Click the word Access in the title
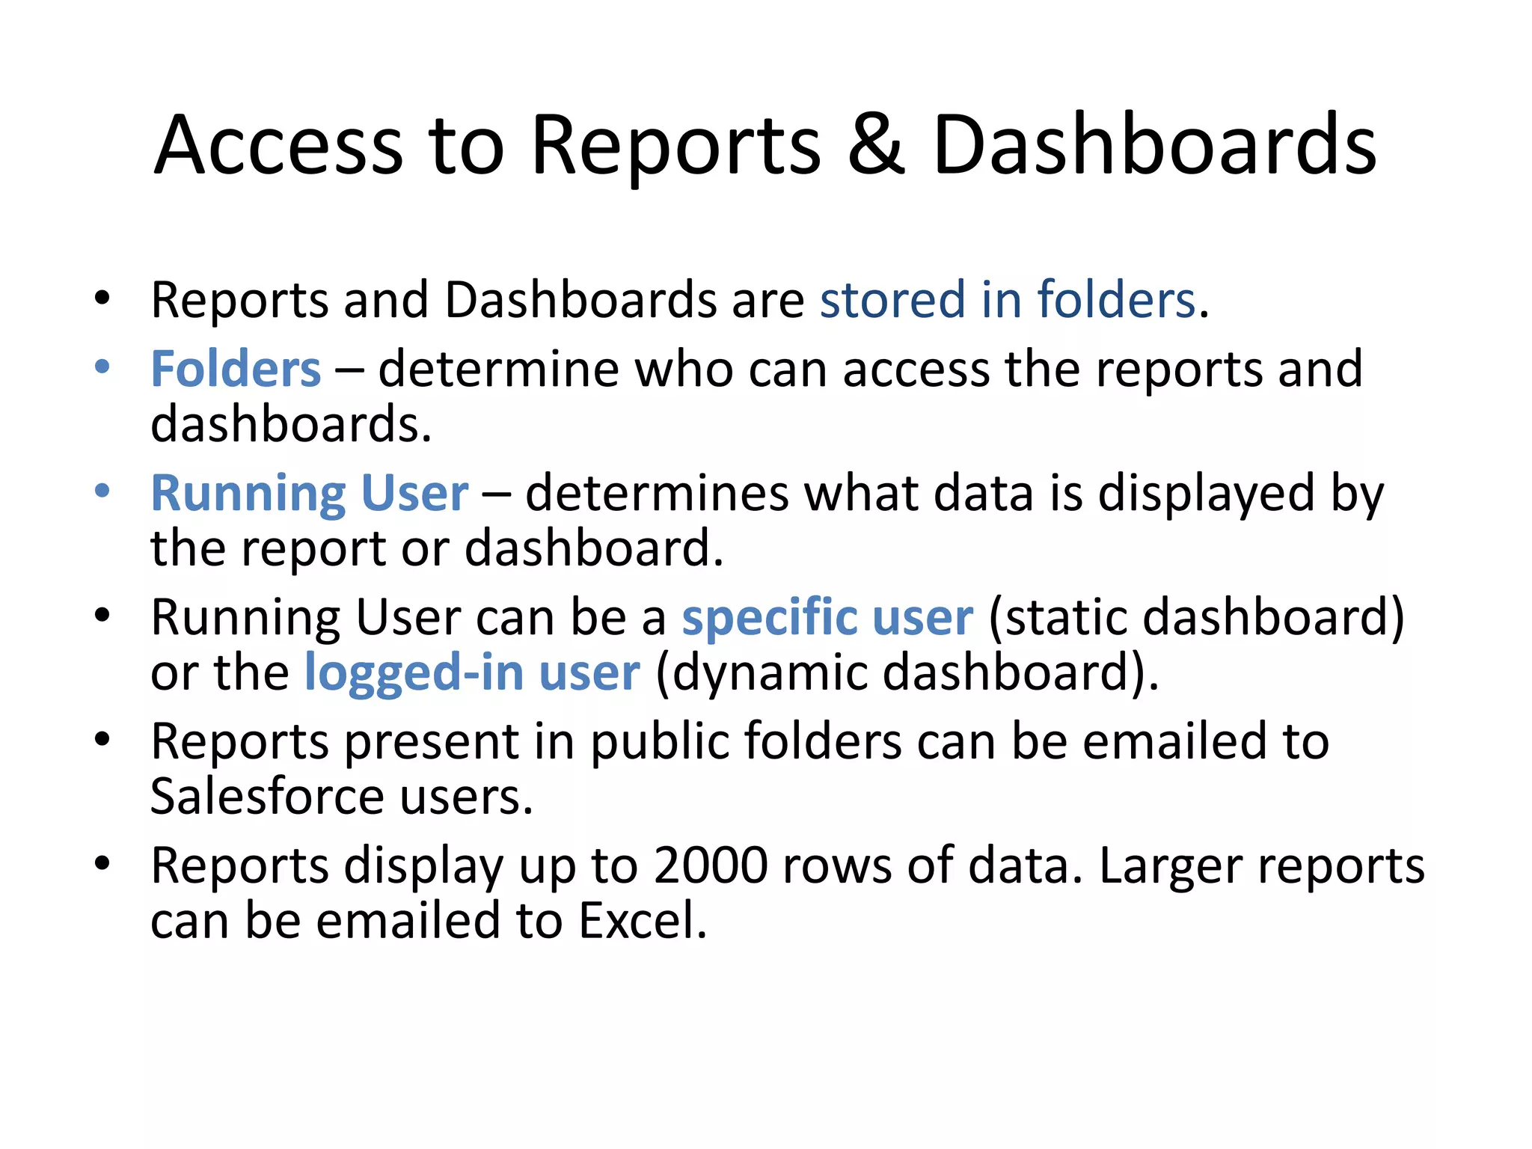pos(278,145)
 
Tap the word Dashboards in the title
pos(1154,145)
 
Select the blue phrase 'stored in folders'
pos(1008,300)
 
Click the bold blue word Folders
pos(236,370)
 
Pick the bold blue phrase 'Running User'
pos(310,494)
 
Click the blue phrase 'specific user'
pos(827,618)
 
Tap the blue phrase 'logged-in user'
pos(472,672)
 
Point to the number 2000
pos(711,866)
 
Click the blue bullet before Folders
pos(102,367)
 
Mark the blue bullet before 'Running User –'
pos(102,491)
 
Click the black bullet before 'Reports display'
pos(102,864)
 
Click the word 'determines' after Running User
pos(657,494)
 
